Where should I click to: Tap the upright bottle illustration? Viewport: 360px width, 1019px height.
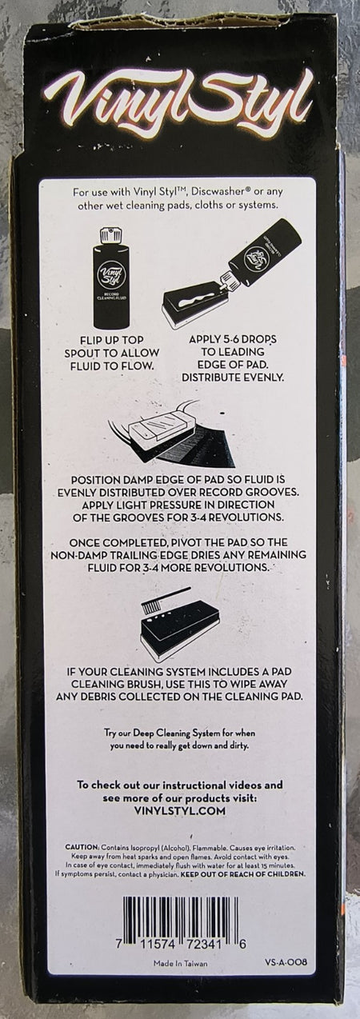[x=112, y=278]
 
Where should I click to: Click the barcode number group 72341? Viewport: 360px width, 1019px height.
[x=203, y=944]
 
